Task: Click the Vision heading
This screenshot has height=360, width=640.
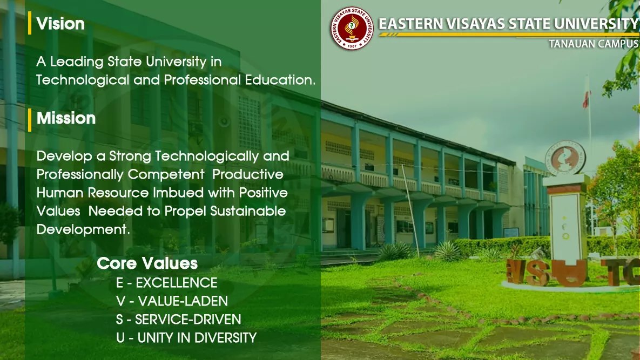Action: point(60,24)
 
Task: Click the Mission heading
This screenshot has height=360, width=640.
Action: point(66,118)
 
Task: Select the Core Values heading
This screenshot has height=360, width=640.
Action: point(147,263)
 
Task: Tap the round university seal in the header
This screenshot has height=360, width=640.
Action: point(352,29)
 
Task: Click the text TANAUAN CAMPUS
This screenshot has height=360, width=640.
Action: point(594,44)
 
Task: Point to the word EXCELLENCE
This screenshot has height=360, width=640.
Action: point(177,283)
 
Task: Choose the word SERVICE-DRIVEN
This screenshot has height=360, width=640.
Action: point(188,319)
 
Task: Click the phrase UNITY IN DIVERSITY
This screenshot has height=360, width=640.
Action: point(197,338)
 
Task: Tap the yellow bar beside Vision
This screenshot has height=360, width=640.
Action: point(30,23)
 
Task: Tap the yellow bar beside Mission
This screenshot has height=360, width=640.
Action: point(30,119)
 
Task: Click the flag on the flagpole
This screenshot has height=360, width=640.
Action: point(587,99)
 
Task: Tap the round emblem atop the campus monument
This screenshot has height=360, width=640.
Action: point(565,158)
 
